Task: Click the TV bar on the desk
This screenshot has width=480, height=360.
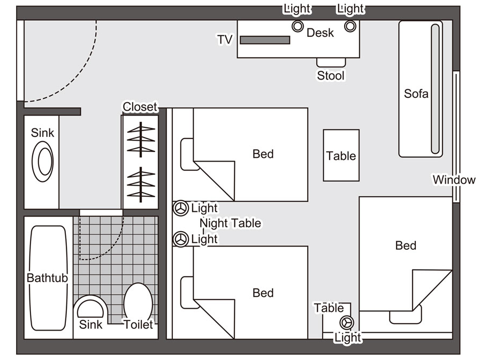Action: coord(265,40)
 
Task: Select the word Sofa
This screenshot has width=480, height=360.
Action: coord(416,94)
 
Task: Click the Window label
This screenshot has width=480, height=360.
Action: coord(454,180)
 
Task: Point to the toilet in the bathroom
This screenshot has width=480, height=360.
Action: coord(138,303)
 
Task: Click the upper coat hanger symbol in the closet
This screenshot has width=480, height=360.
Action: coord(141,139)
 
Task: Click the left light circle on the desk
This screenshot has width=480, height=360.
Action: coord(298,26)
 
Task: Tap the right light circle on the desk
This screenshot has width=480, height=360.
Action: coord(349,26)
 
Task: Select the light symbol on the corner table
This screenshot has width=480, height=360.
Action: coord(346,322)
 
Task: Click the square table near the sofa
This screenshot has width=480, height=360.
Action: coord(341,156)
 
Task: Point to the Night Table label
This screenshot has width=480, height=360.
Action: coord(230,223)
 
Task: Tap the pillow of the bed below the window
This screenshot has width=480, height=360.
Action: coord(406,316)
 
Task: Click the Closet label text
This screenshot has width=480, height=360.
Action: coord(140,107)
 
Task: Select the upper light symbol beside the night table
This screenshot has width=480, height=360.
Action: coord(181,208)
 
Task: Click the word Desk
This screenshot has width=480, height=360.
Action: coord(320,33)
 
